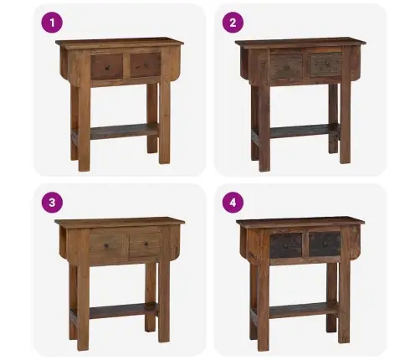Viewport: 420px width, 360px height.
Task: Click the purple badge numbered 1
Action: [x=52, y=23]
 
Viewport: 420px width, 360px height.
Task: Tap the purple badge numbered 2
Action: [x=233, y=23]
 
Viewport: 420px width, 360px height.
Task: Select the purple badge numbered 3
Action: [x=52, y=203]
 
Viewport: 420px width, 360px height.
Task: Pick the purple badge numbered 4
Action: [x=233, y=203]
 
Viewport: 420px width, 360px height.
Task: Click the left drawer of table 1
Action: [x=107, y=66]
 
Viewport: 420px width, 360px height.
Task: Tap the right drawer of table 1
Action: [x=146, y=65]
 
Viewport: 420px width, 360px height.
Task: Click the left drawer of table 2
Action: [x=286, y=67]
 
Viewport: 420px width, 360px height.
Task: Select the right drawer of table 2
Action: [x=326, y=65]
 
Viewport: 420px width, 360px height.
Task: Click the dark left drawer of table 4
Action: [x=286, y=245]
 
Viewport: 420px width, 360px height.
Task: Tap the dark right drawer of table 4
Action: [x=325, y=244]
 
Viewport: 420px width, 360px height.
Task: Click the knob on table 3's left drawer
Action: [x=106, y=246]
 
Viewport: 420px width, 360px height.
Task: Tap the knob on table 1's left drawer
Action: [x=106, y=67]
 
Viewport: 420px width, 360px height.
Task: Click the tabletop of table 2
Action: [x=300, y=42]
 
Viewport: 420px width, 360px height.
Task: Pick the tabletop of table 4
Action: [x=300, y=221]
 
